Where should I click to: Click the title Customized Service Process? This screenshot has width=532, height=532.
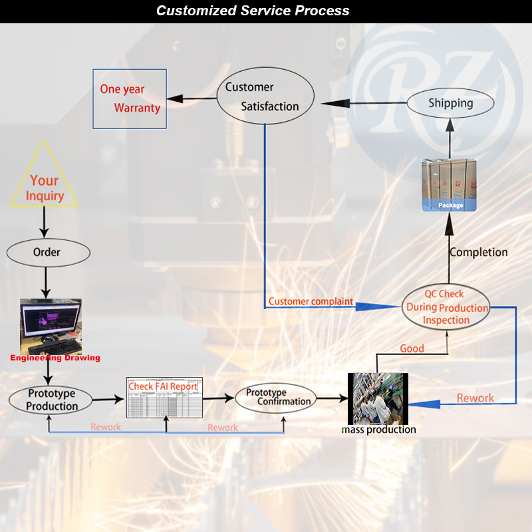252,11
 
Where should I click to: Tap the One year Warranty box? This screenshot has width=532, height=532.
130,98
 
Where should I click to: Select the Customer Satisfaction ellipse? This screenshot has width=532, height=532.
266,98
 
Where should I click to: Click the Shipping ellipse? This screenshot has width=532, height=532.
450,104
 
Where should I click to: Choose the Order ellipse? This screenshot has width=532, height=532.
48,252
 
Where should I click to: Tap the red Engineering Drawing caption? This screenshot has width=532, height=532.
55,358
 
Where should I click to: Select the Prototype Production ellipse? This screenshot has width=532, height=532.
52,399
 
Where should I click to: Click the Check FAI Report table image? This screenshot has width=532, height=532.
165,398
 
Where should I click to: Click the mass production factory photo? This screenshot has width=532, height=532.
378,398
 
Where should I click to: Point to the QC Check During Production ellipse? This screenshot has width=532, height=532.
446,307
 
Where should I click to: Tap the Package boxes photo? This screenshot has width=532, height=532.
450,186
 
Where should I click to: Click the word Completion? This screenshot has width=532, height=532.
478,253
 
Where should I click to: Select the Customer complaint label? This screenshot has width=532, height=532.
311,302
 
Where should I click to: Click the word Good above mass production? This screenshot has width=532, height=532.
412,348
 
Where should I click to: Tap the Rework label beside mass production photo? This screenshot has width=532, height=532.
475,398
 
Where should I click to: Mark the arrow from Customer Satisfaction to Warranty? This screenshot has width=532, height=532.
192,100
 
